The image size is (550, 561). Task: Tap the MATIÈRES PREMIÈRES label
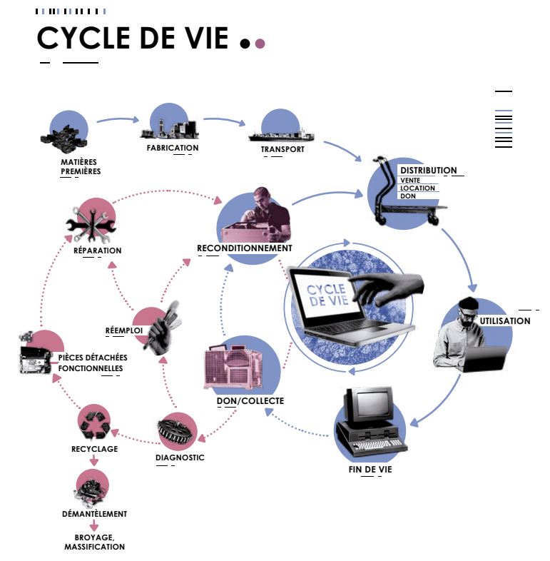79,166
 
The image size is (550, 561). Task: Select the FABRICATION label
172,148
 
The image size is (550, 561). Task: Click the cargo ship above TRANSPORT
280,134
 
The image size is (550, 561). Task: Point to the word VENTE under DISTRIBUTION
410,180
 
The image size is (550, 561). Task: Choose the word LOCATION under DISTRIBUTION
417,188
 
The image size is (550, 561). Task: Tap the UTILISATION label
505,321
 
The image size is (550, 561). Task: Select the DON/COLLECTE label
250,400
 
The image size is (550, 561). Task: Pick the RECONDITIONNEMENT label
245,248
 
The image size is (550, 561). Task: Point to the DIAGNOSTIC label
180,458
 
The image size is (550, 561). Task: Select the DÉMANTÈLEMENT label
94,513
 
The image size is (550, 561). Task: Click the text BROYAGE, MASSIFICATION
94,542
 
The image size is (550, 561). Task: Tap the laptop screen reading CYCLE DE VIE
327,295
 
